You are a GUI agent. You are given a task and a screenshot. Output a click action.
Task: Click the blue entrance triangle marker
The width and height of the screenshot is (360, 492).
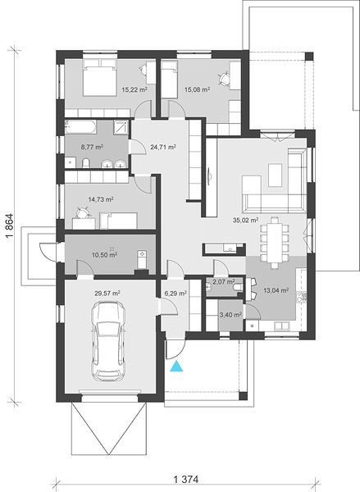[x=176, y=367]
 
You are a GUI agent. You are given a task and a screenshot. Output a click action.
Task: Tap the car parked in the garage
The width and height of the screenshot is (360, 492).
[x=108, y=341]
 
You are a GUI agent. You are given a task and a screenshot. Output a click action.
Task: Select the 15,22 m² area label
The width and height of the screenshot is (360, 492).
[x=134, y=89]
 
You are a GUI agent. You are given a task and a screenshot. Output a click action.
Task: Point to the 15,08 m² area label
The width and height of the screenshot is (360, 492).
[x=197, y=89]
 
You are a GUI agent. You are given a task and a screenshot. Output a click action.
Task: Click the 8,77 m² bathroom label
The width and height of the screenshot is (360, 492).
[x=93, y=147]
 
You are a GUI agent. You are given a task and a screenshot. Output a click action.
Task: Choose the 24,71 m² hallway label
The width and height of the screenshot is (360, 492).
[x=163, y=147]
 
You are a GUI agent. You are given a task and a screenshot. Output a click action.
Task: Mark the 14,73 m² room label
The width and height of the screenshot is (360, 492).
[x=101, y=199]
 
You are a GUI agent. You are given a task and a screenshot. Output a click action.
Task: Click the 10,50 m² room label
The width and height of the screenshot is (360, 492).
[x=104, y=255]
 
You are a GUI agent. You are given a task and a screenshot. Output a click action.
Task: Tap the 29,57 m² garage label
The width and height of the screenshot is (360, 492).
[x=107, y=294]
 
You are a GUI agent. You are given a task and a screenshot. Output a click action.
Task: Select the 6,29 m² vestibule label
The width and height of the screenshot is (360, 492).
[x=175, y=294]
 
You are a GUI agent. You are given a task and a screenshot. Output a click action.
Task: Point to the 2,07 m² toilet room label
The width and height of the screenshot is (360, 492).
[x=224, y=282]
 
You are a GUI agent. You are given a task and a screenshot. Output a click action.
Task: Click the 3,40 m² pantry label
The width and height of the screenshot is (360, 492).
[x=230, y=314]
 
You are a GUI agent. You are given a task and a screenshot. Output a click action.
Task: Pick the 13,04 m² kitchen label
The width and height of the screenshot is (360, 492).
[x=276, y=290]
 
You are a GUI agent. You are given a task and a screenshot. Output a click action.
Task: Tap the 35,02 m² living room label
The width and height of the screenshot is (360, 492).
[x=245, y=221]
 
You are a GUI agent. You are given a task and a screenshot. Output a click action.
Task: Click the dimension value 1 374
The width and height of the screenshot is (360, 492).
[x=186, y=480]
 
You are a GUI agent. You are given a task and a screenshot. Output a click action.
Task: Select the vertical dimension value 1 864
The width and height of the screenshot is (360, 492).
[x=10, y=226]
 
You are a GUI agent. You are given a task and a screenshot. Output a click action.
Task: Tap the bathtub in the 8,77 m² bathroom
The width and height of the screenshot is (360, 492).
[x=80, y=127]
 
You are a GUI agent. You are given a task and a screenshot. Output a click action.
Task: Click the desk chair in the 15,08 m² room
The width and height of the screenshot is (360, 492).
[x=224, y=79]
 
